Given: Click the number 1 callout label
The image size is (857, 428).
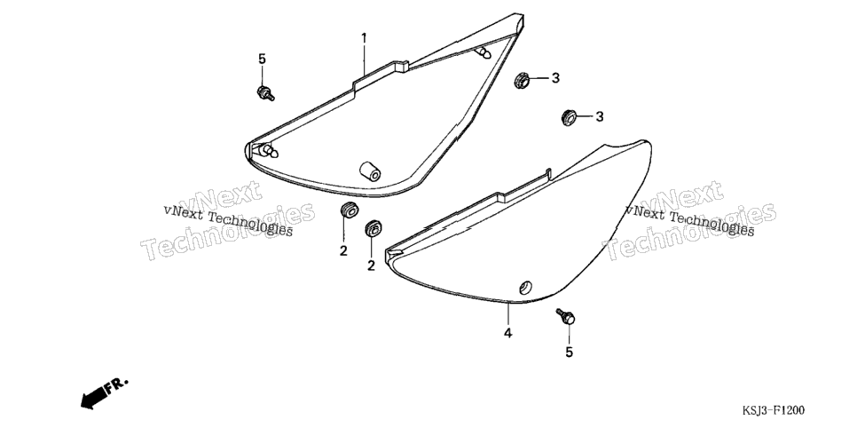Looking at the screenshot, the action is [364, 38].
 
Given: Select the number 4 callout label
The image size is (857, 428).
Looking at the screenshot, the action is [507, 333].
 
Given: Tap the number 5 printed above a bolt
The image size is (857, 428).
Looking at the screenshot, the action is [262, 59].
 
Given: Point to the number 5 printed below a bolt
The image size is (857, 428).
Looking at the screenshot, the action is [569, 353].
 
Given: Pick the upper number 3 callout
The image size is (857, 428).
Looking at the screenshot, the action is [555, 78].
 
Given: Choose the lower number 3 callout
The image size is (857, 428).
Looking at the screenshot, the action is [599, 116].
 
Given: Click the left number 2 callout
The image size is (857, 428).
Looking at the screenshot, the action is [343, 251].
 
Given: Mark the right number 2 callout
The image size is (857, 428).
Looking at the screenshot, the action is [371, 266].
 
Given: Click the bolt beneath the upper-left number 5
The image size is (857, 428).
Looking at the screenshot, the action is [265, 93].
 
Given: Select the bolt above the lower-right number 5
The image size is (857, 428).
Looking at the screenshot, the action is [566, 316].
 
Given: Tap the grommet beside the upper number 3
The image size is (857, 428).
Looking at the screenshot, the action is [522, 80].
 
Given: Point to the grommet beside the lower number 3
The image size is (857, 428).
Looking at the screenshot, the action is [570, 117].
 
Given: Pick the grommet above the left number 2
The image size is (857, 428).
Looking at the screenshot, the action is [348, 210].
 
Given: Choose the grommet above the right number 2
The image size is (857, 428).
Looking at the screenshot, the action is [373, 228].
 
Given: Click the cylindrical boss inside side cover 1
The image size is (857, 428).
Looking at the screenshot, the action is [370, 171].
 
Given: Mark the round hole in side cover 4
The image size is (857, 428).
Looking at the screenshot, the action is [526, 288].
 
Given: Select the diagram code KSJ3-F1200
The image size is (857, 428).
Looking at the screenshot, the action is [773, 410].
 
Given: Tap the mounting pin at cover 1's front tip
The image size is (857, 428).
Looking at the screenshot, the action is [268, 150].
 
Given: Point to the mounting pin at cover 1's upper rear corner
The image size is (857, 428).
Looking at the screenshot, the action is [484, 52].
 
